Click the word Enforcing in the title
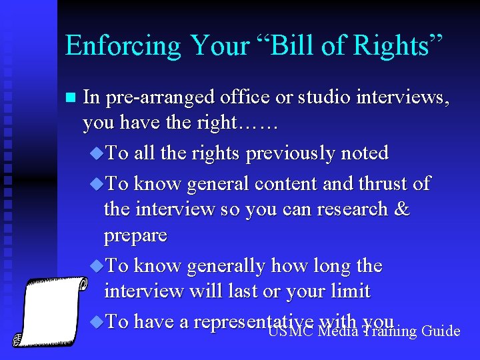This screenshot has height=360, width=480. click(123, 45)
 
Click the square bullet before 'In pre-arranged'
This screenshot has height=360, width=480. click(70, 97)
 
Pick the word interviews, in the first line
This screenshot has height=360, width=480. click(403, 97)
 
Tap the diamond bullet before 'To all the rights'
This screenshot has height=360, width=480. click(97, 153)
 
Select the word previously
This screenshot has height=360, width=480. click(294, 154)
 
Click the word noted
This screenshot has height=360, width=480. click(365, 153)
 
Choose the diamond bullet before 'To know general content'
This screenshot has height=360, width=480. click(97, 183)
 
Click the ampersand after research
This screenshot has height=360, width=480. click(402, 209)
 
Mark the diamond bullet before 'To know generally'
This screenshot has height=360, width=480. click(97, 266)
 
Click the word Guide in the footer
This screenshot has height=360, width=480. click(441, 330)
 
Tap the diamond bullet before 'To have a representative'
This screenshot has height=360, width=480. click(97, 322)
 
